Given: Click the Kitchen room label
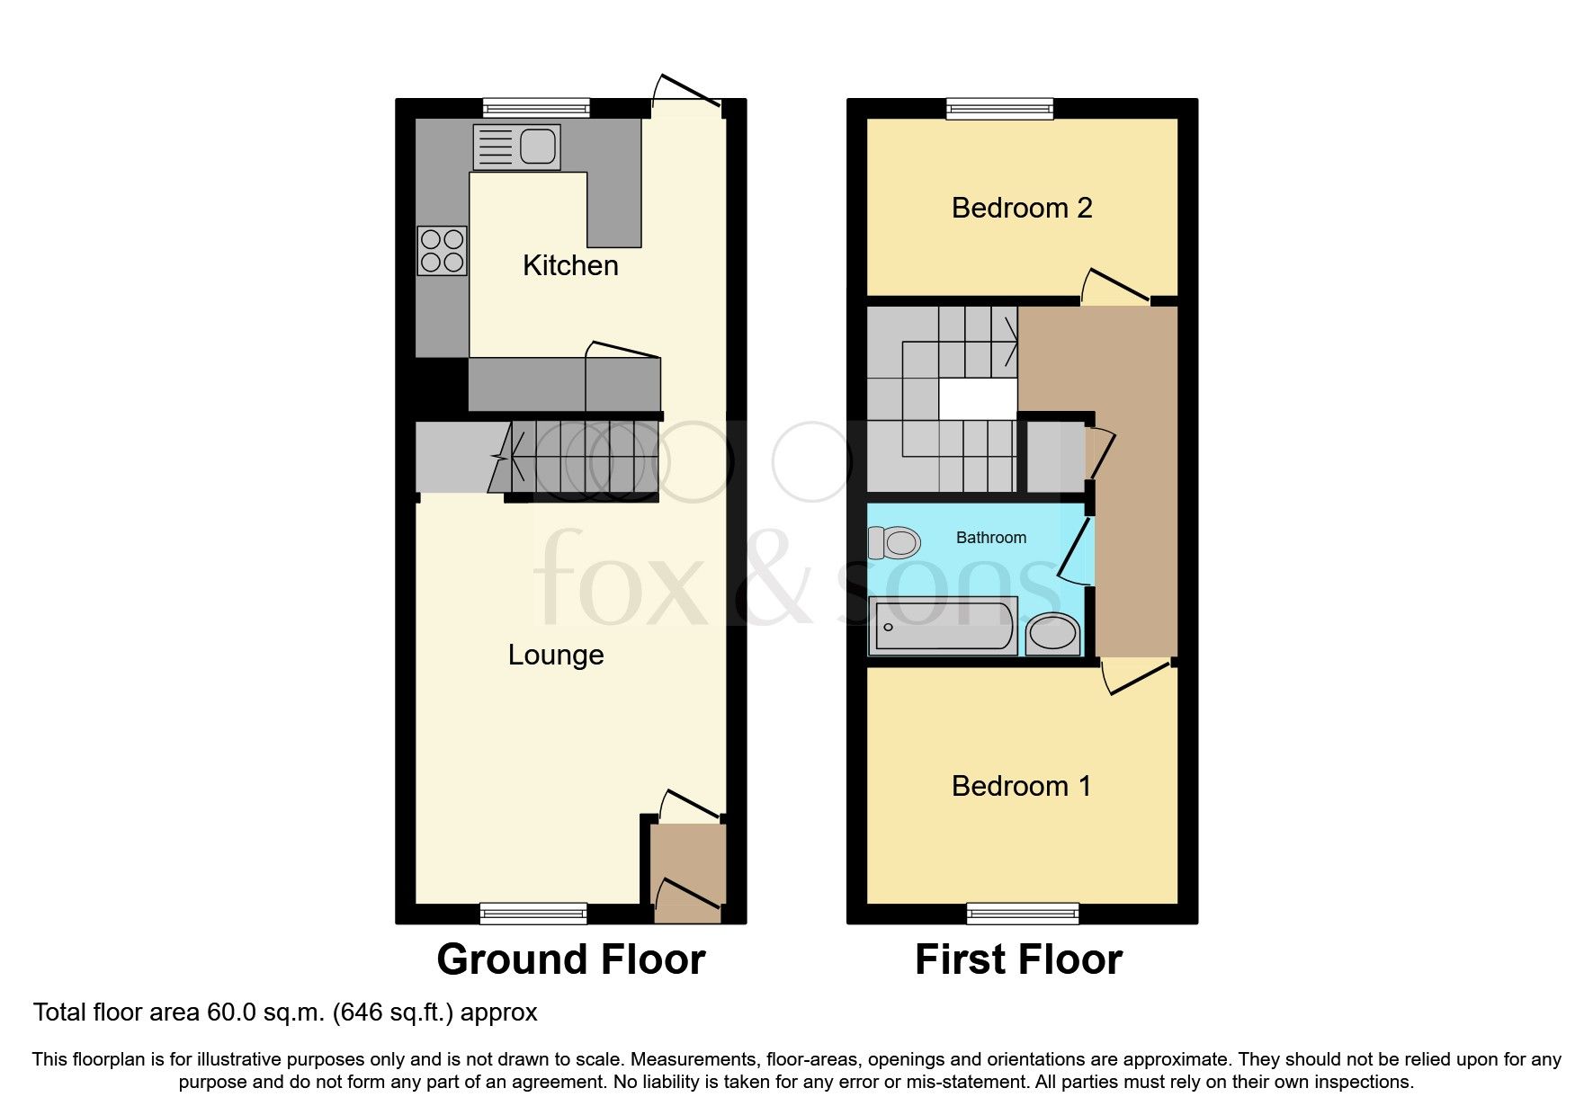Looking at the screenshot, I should click(570, 265).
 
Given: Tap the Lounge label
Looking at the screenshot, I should click(556, 655).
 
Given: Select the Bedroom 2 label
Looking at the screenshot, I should click(1022, 208).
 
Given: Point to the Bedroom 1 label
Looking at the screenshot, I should click(1022, 786).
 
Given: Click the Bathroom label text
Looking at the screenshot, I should click(990, 538).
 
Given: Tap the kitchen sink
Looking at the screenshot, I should click(516, 147).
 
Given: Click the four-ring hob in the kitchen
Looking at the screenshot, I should click(442, 250).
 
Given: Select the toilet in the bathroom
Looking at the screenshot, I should click(893, 542).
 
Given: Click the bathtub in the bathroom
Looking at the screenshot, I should click(943, 625).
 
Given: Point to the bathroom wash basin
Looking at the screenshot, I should click(1052, 632).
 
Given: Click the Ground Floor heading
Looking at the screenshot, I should click(570, 959).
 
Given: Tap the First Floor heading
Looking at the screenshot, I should click(1018, 959).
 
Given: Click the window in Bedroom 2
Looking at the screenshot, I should click(999, 109).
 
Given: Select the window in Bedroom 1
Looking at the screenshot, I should click(1023, 914).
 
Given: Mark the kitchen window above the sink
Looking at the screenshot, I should click(536, 108).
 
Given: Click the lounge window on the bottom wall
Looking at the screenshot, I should click(533, 914).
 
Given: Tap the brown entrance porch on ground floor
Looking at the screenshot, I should click(687, 868).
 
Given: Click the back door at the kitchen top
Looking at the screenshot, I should click(687, 93).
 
